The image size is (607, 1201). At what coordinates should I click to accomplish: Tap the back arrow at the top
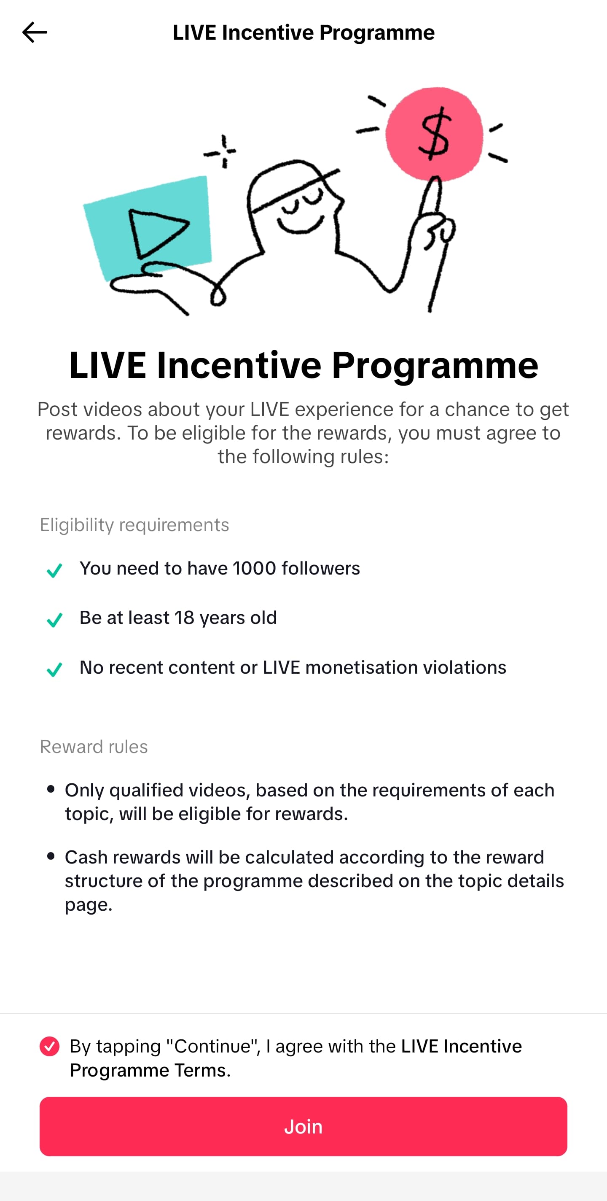pos(35,32)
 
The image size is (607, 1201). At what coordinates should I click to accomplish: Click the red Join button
pos(303,1126)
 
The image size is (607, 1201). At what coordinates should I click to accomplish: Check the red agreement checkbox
pos(49,1046)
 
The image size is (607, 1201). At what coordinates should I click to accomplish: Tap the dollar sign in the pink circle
pos(435,133)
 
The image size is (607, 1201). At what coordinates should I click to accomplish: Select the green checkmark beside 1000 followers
pos(54,570)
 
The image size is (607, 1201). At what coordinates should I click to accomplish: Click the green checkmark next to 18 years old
pos(54,620)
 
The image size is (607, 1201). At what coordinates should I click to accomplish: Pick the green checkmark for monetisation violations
pos(54,669)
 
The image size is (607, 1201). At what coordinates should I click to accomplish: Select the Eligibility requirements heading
pos(134,525)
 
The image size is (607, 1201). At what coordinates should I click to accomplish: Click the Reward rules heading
pos(94,747)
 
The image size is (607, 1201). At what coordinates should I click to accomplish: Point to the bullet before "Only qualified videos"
pos(51,789)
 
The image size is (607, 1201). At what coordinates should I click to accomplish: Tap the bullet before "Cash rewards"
pos(51,856)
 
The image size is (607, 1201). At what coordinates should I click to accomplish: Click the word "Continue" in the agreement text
pos(213,1046)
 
